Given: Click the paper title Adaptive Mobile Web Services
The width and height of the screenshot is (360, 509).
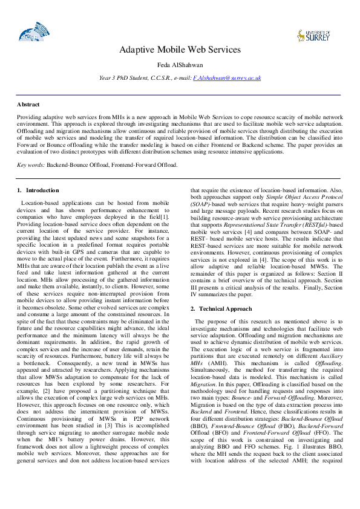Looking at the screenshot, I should click(180, 50).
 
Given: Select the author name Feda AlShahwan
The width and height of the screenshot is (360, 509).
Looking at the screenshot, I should click(180, 65).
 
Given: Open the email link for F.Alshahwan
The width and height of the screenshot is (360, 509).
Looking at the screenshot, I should click(227, 78).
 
